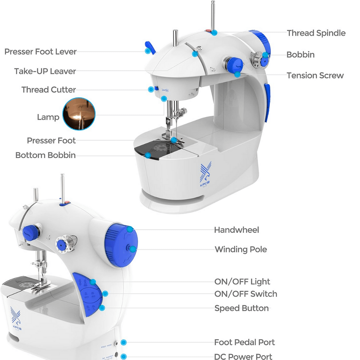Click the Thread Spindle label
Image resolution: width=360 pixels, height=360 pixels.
pyautogui.click(x=316, y=33)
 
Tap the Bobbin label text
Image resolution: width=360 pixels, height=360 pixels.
pyautogui.click(x=300, y=55)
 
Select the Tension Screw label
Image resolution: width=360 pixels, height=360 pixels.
pyautogui.click(x=315, y=76)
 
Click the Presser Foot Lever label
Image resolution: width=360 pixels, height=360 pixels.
pyautogui.click(x=40, y=52)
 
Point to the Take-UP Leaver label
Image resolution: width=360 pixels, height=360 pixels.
pyautogui.click(x=45, y=71)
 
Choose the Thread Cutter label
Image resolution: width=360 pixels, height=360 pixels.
pyautogui.click(x=49, y=90)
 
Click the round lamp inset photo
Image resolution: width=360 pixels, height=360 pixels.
pyautogui.click(x=79, y=114)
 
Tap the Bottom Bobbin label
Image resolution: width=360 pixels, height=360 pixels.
pyautogui.click(x=45, y=155)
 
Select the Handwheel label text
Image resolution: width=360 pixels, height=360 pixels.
pyautogui.click(x=236, y=230)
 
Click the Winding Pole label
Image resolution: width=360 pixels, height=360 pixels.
pyautogui.click(x=241, y=249)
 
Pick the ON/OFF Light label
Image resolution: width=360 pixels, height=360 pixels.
pyautogui.click(x=242, y=282)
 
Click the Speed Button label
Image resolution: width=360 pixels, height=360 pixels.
pyautogui.click(x=241, y=308)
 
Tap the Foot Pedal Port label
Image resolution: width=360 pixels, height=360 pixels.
pyautogui.click(x=244, y=342)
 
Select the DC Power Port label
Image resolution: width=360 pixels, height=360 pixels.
pyautogui.click(x=243, y=356)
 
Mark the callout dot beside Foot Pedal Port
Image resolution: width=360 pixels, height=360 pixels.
pyautogui.click(x=124, y=342)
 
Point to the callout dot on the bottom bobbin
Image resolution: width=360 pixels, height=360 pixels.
pyautogui.click(x=148, y=155)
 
